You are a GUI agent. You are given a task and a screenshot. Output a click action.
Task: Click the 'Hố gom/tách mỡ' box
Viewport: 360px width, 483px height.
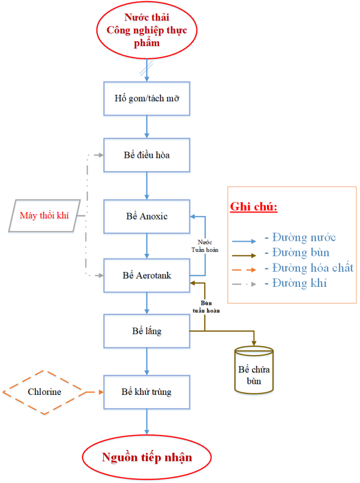click(147, 97)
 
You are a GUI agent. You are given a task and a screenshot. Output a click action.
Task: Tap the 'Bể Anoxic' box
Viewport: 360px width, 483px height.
click(147, 216)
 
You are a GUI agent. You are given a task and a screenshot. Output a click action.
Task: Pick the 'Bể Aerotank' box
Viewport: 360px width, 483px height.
click(147, 275)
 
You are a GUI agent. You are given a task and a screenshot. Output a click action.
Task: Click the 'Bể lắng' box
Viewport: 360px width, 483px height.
click(147, 331)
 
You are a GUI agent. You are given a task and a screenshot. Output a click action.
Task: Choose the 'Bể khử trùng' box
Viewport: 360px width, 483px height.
click(147, 392)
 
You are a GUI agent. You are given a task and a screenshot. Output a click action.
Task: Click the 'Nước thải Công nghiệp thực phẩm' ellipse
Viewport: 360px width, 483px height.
click(147, 30)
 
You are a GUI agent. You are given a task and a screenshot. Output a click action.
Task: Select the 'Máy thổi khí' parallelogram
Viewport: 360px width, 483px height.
click(45, 215)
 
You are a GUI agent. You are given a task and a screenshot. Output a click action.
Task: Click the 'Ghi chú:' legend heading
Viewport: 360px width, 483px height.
click(254, 207)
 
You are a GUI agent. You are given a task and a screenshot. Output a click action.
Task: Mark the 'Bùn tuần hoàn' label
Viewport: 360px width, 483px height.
click(205, 307)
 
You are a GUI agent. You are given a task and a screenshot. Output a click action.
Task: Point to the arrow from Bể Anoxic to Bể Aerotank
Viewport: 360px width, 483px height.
click(147, 245)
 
